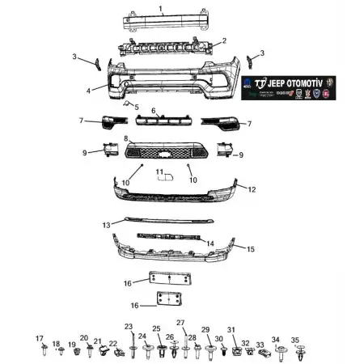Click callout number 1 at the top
tap(161, 9)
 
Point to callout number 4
tap(89, 91)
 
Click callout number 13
tap(107, 224)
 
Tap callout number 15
tap(251, 249)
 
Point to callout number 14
tap(210, 243)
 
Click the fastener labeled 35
tap(301, 353)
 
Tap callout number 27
tap(181, 323)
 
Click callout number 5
tap(136, 107)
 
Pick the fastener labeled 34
tap(280, 351)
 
